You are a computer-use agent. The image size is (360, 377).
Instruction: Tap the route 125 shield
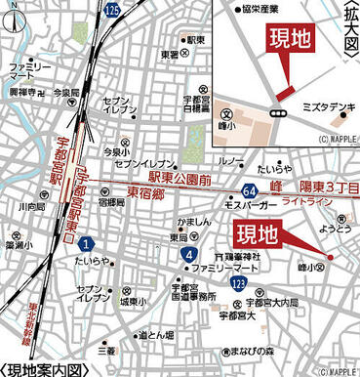point(113,9)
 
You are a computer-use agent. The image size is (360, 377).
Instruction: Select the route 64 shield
point(251,188)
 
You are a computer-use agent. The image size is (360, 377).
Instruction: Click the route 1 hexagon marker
point(88,242)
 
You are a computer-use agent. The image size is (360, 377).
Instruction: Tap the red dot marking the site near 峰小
point(331,257)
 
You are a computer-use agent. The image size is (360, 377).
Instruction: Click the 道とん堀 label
point(156,335)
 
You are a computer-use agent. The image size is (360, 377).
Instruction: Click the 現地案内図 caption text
point(47,369)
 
